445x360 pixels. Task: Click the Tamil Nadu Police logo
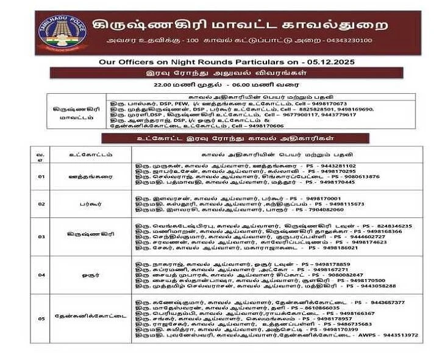(x=54, y=32)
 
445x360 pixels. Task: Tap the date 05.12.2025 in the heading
(x=333, y=62)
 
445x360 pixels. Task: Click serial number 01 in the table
(x=41, y=177)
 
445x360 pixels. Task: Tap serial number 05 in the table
(x=41, y=317)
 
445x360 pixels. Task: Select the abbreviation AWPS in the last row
(x=365, y=335)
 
